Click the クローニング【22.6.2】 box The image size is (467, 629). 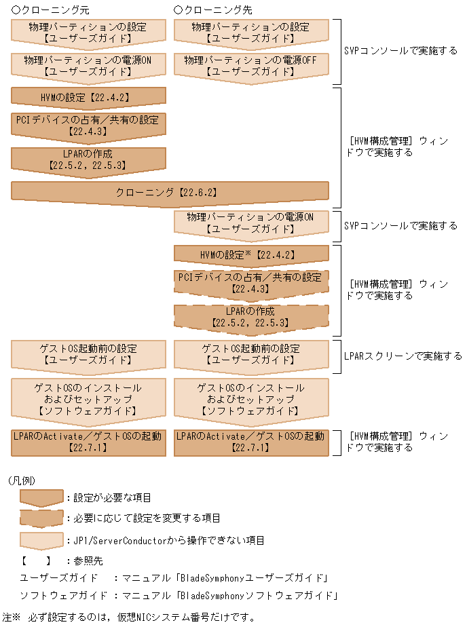click(x=170, y=192)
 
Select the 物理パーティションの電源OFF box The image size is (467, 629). click(x=251, y=65)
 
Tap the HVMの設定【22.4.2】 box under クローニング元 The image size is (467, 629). click(x=88, y=97)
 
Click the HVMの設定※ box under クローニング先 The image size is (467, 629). click(x=251, y=255)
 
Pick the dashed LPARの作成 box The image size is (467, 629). click(x=251, y=316)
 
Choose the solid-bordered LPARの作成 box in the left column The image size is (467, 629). click(x=88, y=159)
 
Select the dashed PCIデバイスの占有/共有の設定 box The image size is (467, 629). click(x=251, y=282)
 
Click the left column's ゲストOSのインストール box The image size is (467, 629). click(x=88, y=399)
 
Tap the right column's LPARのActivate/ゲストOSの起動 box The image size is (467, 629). click(x=251, y=441)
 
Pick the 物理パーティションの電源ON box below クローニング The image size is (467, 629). click(x=251, y=223)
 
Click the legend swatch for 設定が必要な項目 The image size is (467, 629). click(x=41, y=498)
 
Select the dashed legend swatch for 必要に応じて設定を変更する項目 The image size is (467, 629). click(x=41, y=518)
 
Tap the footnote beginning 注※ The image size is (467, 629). click(x=129, y=617)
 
